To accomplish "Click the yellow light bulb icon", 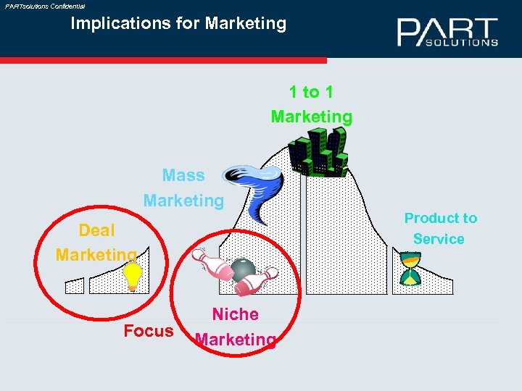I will coord(133,276).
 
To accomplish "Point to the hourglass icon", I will coord(410,269).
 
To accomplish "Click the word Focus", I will coord(149,332).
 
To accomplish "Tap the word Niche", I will coord(235,314).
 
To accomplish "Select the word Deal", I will coord(96,230).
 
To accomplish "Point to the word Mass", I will coord(183,175).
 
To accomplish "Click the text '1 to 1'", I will coord(311,92).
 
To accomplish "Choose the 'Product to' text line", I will coord(441,218).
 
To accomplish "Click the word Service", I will coord(439,239).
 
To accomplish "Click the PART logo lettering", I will coord(447,30).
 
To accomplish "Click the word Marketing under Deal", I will coord(96,255).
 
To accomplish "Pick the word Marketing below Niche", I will coord(236,340).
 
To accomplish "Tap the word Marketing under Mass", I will coord(183,200).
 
